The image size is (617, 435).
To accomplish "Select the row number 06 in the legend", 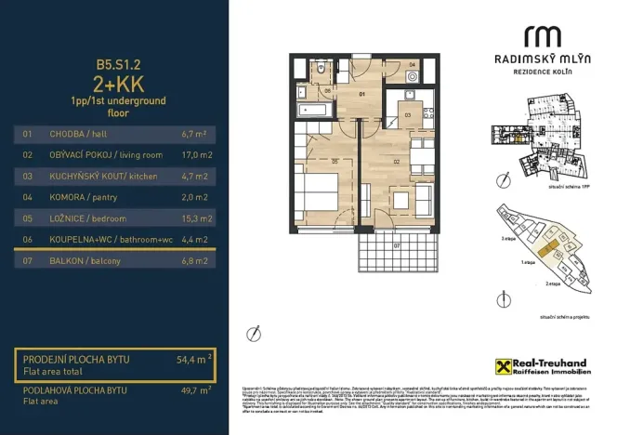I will [28, 240].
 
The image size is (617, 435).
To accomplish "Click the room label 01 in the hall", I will [364, 94].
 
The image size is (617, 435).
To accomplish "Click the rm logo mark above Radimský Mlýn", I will [543, 37].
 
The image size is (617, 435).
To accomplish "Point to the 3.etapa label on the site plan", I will [508, 238].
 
